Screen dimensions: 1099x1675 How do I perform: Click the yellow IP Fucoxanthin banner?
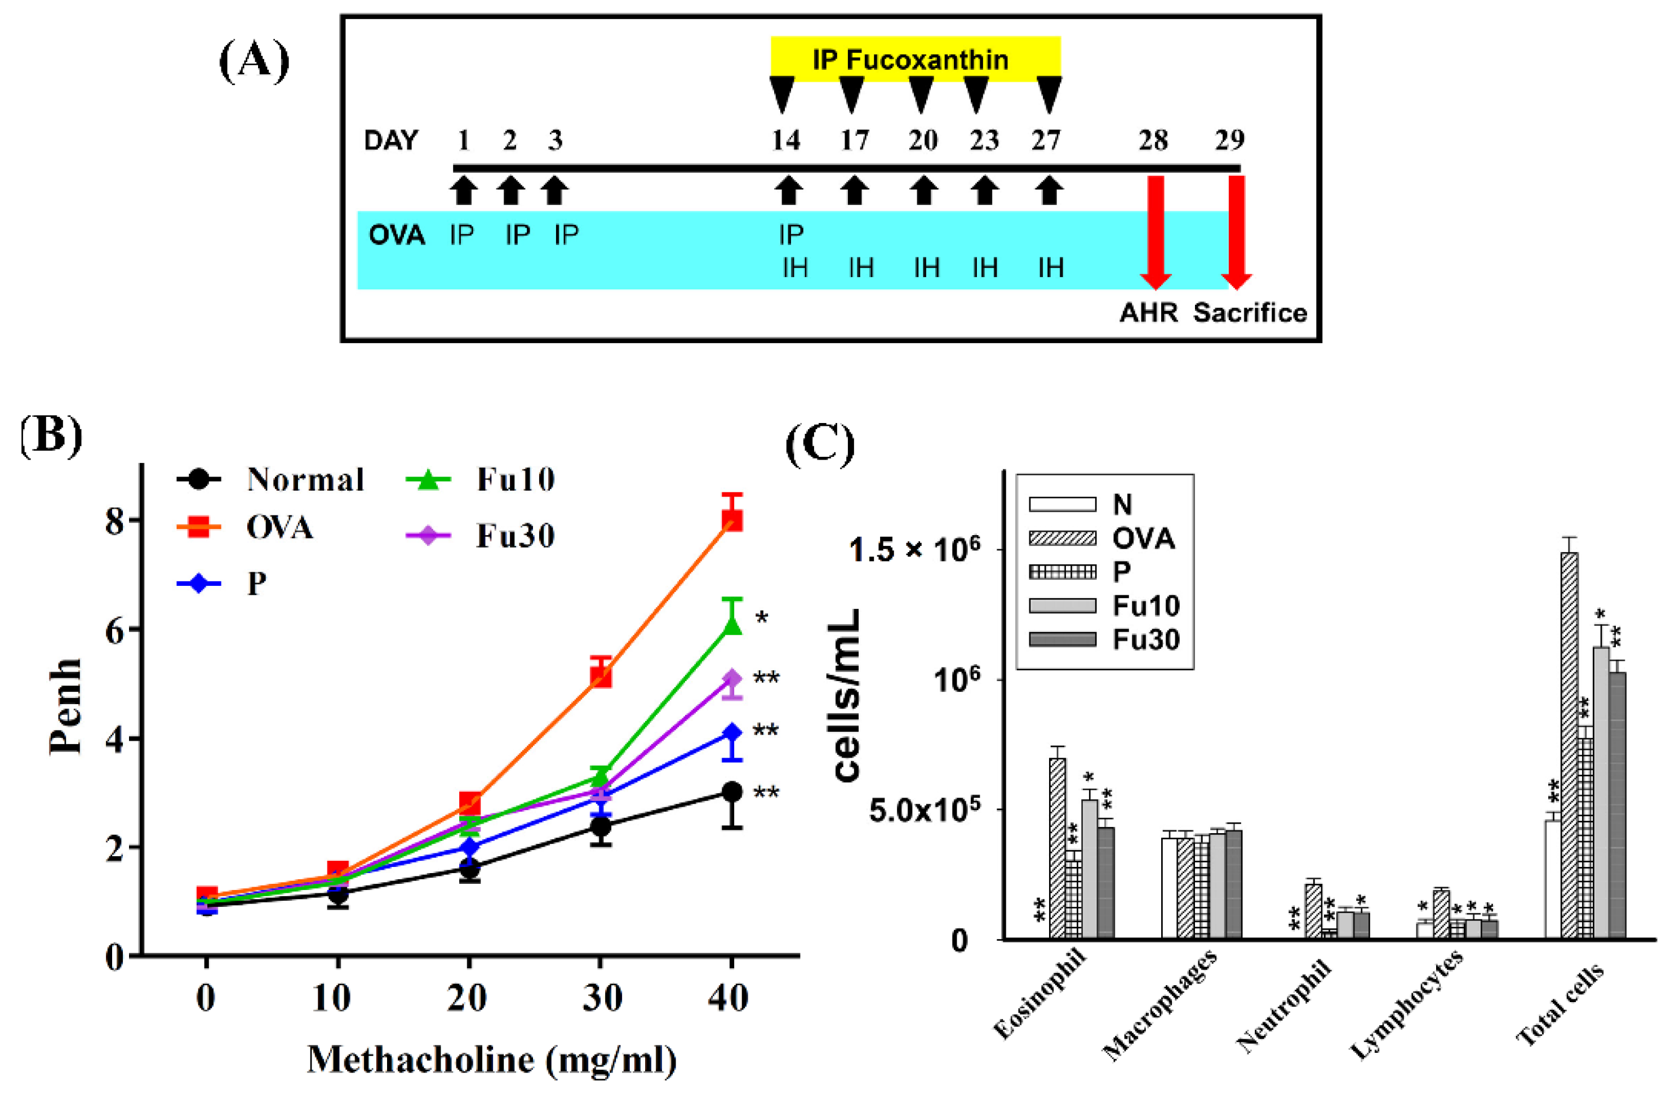[915, 59]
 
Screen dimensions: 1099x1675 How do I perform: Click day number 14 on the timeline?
[785, 141]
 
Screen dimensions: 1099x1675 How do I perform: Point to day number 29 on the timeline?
[1229, 141]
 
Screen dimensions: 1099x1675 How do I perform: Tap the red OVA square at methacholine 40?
[732, 520]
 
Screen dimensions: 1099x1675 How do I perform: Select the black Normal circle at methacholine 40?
[732, 791]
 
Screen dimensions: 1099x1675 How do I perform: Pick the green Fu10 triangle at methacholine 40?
[732, 625]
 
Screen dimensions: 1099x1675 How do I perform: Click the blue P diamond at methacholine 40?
[732, 732]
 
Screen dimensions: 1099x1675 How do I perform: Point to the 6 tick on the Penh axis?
[115, 630]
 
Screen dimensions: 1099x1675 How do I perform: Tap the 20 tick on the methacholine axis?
[467, 998]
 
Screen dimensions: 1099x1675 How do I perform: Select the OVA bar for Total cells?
[1570, 746]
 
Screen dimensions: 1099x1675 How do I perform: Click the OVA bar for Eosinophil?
[1057, 848]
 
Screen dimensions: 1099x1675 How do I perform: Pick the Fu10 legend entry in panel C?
[1104, 605]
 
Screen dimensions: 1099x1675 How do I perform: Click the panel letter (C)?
[819, 444]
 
